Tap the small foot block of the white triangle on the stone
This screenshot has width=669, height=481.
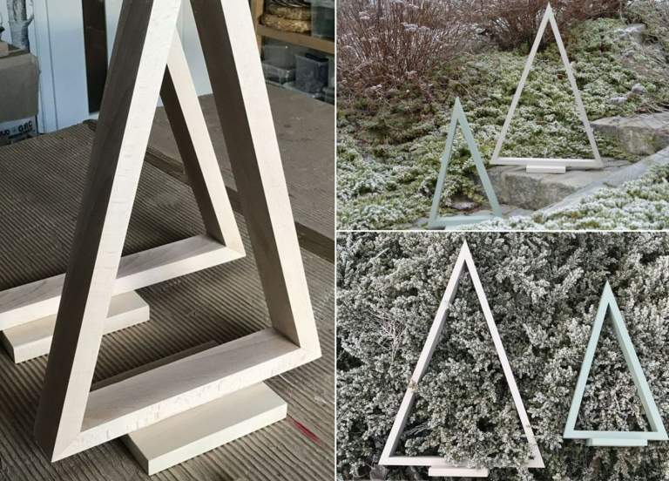547,167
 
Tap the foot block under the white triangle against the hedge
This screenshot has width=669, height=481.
457,470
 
